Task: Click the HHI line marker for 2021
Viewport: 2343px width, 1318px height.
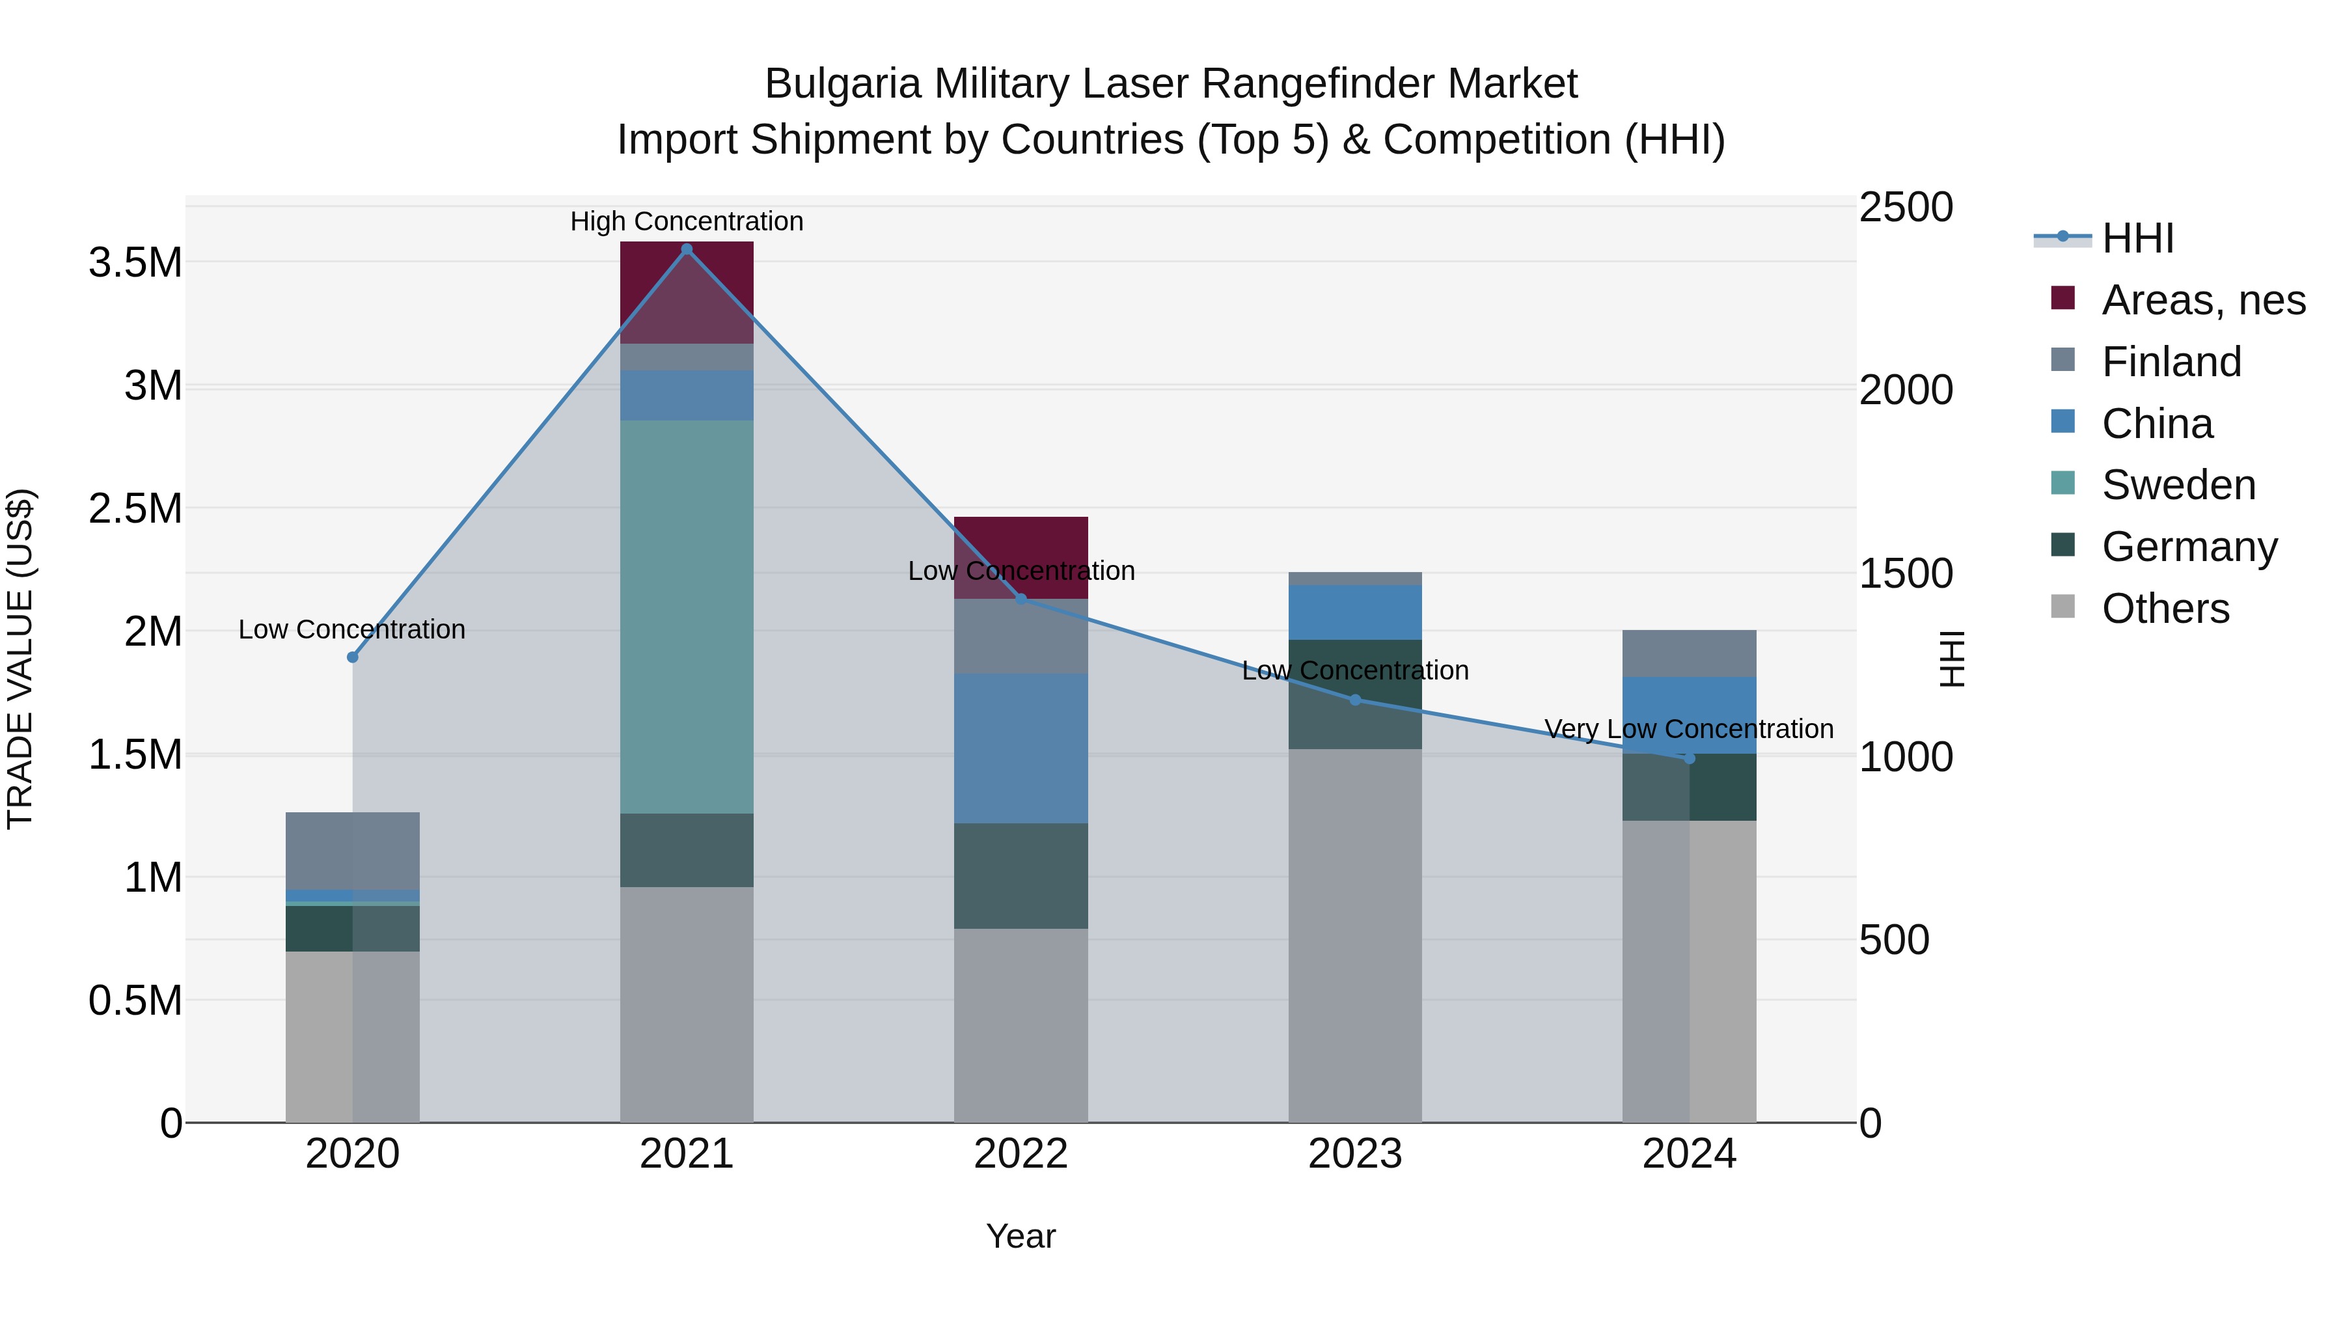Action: (687, 249)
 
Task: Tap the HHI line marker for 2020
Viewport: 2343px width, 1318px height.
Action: (353, 657)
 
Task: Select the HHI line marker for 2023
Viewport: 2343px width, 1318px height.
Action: (1355, 700)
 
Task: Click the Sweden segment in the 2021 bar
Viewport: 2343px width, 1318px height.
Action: (687, 617)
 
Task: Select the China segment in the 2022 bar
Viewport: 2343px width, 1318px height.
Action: (1021, 748)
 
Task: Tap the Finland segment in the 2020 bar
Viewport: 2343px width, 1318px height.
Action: (353, 851)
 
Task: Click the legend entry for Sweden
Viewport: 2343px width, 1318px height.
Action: (2178, 485)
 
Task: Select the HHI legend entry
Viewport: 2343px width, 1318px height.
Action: (2137, 238)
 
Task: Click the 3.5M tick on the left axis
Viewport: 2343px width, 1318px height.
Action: (135, 263)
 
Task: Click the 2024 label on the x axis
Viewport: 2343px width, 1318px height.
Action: (1689, 1154)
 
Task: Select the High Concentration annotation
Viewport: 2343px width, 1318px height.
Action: (687, 221)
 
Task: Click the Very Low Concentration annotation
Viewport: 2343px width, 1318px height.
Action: (1689, 728)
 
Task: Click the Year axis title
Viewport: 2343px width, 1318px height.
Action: (1021, 1236)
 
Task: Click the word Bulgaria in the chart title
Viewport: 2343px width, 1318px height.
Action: (842, 84)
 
